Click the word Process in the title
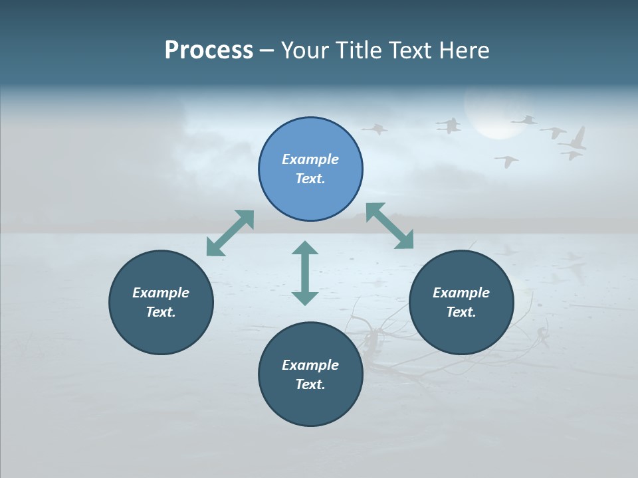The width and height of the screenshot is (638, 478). pyautogui.click(x=209, y=50)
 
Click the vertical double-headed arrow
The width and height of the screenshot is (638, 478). pyautogui.click(x=305, y=273)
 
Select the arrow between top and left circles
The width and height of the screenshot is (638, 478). pyautogui.click(x=230, y=232)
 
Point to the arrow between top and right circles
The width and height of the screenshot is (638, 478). pyautogui.click(x=389, y=226)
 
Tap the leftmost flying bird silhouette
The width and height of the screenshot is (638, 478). pyautogui.click(x=375, y=129)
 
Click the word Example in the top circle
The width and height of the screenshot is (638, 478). pyautogui.click(x=310, y=159)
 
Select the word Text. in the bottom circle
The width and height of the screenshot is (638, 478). pyautogui.click(x=310, y=384)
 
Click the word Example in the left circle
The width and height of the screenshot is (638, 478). pyautogui.click(x=161, y=293)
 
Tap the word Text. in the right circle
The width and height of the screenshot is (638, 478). pyautogui.click(x=461, y=312)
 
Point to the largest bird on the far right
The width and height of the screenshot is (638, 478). pyautogui.click(x=574, y=139)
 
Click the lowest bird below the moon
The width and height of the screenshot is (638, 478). pyautogui.click(x=507, y=161)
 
